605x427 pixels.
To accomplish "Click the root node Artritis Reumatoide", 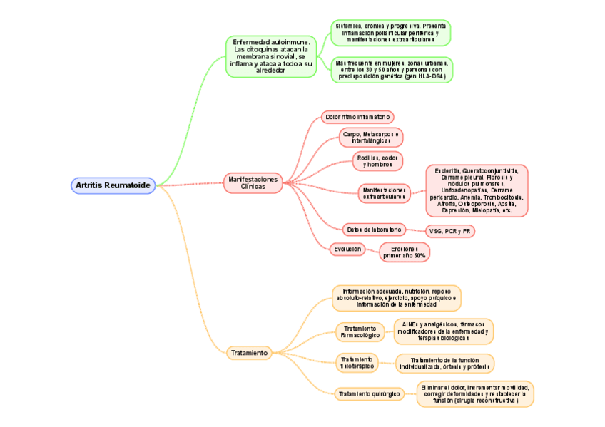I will [x=113, y=185].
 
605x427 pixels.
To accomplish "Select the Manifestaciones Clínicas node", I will [x=253, y=182].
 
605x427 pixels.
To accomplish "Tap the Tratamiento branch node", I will [x=248, y=352].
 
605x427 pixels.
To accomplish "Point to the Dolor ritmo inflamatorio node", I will [x=357, y=116].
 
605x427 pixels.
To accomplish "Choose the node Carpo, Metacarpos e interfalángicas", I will [x=371, y=138].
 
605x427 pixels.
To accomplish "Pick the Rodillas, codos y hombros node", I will [x=377, y=161].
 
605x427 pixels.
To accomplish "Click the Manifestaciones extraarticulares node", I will [x=384, y=193].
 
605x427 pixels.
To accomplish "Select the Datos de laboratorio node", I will [x=374, y=230].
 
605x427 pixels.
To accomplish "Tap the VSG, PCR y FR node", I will [x=449, y=231].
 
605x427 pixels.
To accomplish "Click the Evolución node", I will [x=347, y=249].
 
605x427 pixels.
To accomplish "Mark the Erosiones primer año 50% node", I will [x=405, y=252].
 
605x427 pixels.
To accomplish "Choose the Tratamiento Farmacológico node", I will [x=360, y=331].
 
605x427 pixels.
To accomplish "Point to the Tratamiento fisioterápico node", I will [x=357, y=362].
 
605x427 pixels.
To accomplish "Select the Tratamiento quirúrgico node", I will [x=370, y=393].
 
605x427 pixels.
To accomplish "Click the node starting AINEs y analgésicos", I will [x=443, y=331].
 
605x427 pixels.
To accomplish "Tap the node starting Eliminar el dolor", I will [x=474, y=393].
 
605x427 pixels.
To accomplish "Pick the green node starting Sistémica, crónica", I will [x=390, y=33].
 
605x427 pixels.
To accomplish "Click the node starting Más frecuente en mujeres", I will [x=392, y=70].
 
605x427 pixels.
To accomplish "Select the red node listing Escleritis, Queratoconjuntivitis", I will [x=477, y=190].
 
